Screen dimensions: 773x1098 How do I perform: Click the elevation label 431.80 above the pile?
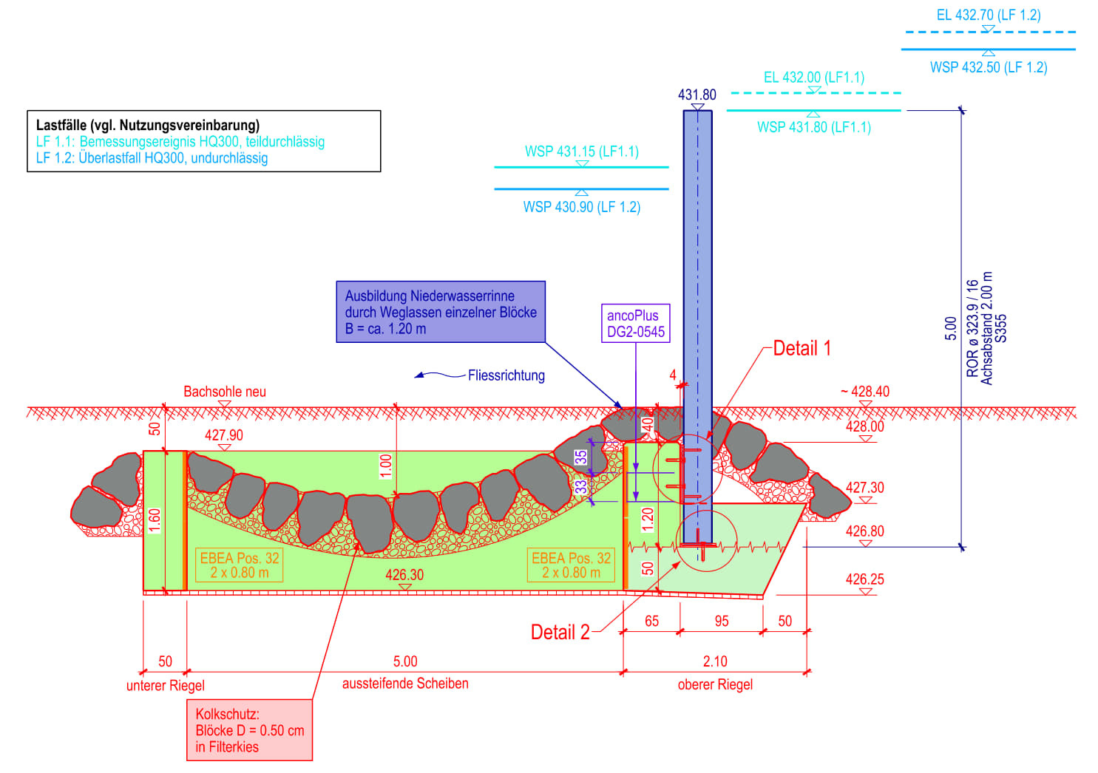tap(697, 95)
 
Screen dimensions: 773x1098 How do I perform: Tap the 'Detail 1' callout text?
tap(802, 348)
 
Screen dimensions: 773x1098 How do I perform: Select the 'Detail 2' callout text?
tap(560, 632)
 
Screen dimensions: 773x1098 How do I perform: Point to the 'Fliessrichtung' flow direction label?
tap(506, 375)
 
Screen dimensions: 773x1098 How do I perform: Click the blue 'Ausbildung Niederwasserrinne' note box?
tap(441, 312)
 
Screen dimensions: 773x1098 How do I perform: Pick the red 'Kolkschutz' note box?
tap(249, 730)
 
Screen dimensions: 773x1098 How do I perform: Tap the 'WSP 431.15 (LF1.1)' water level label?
tap(582, 151)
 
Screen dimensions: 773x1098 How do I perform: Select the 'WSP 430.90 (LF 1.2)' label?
tap(582, 207)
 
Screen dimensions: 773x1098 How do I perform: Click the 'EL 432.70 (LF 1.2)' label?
tap(988, 15)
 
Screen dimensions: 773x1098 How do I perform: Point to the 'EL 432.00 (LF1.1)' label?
tap(813, 77)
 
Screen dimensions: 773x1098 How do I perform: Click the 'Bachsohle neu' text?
tap(225, 392)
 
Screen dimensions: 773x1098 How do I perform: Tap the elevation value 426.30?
tap(404, 574)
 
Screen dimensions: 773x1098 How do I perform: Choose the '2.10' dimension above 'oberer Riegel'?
tap(715, 661)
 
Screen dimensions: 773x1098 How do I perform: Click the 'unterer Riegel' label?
tap(165, 685)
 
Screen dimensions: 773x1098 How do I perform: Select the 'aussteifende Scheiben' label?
tap(405, 684)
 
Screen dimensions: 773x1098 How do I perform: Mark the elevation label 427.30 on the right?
tap(864, 488)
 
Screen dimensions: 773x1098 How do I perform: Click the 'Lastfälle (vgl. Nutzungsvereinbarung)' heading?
tap(148, 125)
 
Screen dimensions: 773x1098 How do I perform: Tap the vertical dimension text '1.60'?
tap(155, 520)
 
